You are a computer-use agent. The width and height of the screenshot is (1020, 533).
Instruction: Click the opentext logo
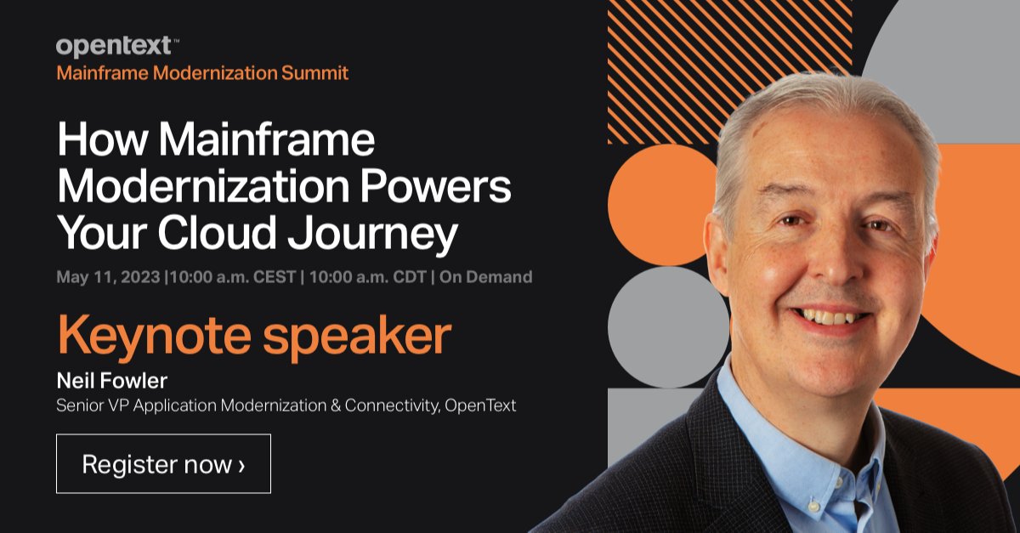point(116,47)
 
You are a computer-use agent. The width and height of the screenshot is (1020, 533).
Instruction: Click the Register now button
point(163,464)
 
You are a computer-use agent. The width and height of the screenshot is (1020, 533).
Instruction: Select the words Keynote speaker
point(253,336)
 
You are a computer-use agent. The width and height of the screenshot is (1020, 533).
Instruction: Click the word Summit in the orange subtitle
point(315,73)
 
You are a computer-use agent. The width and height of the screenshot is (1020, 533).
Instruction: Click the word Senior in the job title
point(80,405)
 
